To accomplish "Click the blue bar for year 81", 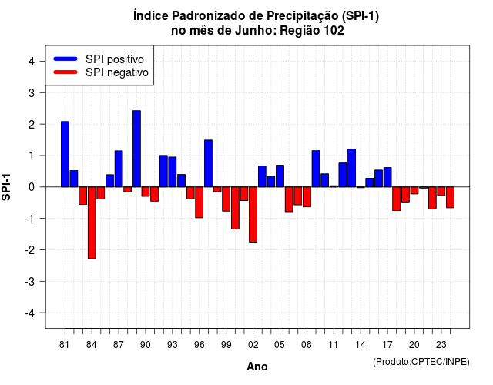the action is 65,154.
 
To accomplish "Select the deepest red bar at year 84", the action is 92,223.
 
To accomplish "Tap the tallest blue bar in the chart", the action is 136,149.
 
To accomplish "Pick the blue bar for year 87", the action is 119,169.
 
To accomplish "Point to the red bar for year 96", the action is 199,203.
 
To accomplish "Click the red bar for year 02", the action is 253,214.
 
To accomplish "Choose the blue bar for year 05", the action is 280,176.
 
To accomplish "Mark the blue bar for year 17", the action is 387,177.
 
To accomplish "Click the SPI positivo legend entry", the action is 99,59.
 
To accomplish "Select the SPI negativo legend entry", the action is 101,72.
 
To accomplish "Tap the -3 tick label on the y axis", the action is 30,282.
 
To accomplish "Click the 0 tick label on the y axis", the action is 32,187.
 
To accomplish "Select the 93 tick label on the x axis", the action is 173,345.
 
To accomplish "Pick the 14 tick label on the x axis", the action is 361,345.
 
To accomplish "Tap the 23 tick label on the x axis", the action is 441,345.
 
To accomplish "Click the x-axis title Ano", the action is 257,367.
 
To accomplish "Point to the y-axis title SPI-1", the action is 6,187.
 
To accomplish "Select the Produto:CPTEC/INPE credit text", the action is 421,362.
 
